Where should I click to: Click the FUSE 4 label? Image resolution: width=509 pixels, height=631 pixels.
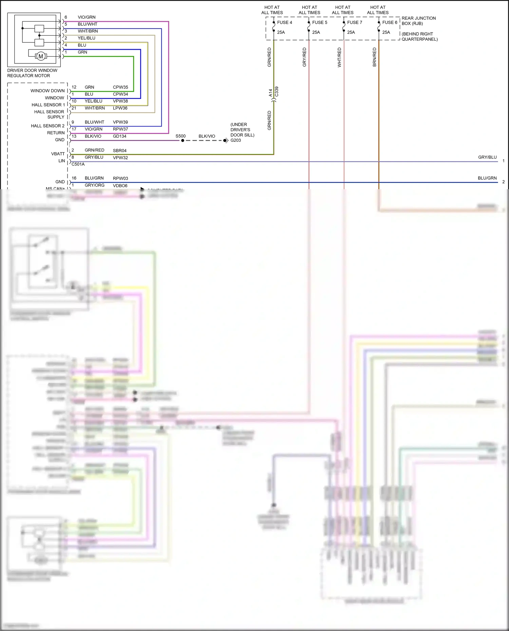pos(284,22)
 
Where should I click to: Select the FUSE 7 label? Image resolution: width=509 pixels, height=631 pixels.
pos(355,22)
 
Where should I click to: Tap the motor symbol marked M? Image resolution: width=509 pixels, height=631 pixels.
pos(41,56)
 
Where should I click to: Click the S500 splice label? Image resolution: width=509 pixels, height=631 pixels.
pos(181,136)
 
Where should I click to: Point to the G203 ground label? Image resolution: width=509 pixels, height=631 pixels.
pos(235,140)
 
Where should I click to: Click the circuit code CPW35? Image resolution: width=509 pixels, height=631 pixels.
pos(120,87)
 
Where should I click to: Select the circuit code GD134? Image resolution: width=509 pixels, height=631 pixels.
pos(119,136)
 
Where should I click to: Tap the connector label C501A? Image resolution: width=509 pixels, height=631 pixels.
pos(78,164)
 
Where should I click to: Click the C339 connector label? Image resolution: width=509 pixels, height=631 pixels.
pos(277,92)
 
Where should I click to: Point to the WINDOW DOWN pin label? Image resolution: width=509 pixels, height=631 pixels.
pos(48,91)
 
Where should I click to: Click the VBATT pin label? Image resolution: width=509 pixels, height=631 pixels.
pos(58,154)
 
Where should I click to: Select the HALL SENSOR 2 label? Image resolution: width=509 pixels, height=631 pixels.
pos(48,126)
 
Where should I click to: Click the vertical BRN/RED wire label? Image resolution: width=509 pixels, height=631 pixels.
pos(374,57)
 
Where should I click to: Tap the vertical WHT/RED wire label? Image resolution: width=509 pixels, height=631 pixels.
pos(339,57)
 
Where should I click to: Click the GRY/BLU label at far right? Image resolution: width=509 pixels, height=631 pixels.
pos(487,157)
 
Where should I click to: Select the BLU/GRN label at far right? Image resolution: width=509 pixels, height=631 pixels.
pos(487,178)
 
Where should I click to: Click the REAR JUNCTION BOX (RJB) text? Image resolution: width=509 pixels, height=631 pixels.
pos(418,21)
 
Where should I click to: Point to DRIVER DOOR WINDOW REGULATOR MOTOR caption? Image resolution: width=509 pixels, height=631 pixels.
pos(32,73)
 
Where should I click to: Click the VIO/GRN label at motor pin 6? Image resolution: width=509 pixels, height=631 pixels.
pos(87,17)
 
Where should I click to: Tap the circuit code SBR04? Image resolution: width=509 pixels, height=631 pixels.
pos(119,151)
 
